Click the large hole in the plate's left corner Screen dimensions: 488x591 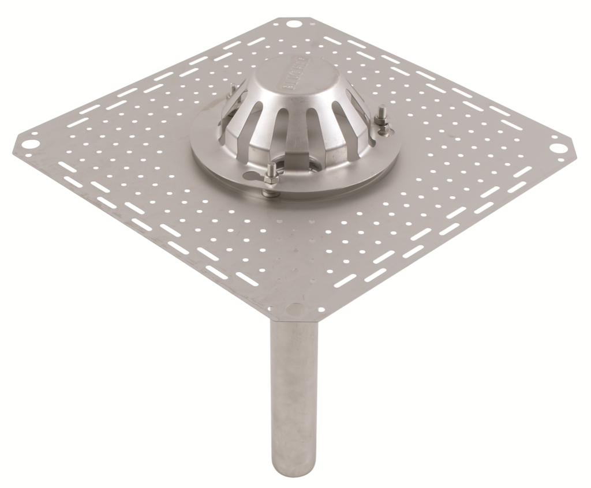click(32, 140)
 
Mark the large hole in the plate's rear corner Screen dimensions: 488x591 click(293, 24)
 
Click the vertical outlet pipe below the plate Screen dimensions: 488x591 click(293, 392)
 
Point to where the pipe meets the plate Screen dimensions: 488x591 click(293, 322)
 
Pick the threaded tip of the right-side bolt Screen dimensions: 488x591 click(381, 108)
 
